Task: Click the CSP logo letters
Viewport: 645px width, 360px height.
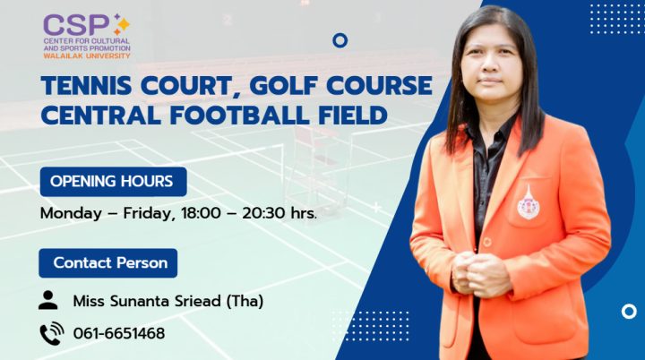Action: point(77,24)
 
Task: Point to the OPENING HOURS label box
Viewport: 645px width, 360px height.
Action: point(113,182)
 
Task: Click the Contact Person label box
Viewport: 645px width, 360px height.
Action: point(109,263)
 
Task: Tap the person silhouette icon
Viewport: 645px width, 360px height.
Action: point(48,300)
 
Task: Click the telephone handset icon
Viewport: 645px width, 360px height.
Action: point(50,333)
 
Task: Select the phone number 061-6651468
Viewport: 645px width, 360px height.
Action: point(119,334)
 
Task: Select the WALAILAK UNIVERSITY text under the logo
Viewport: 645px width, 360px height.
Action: point(86,56)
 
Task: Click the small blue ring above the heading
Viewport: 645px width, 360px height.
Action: point(340,39)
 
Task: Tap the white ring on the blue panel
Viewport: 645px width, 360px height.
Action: point(629,312)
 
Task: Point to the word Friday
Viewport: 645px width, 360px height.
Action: point(161,214)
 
